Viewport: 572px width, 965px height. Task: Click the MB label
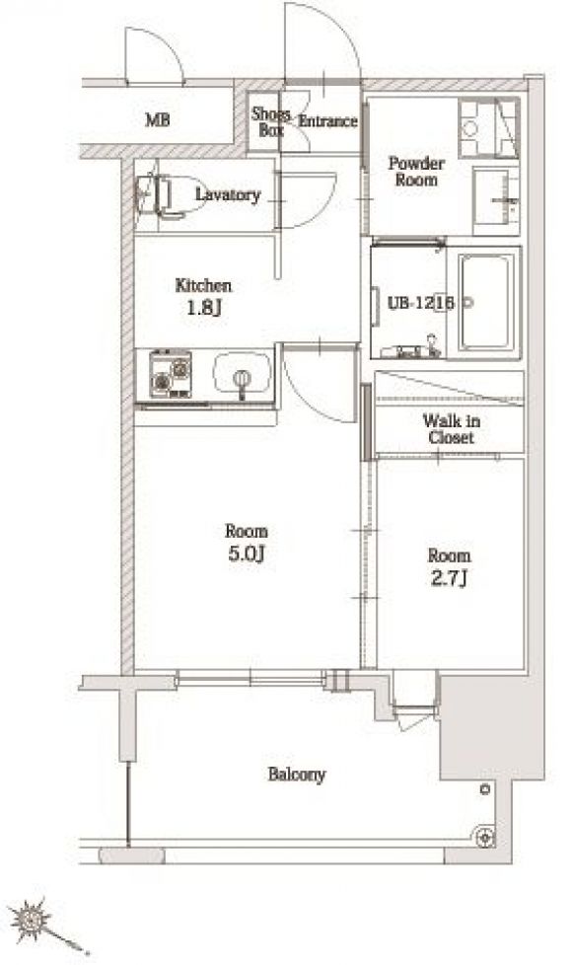click(x=158, y=119)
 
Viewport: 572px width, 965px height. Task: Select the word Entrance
click(x=327, y=120)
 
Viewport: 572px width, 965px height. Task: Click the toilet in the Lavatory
click(x=169, y=196)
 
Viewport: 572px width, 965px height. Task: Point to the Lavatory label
click(x=228, y=195)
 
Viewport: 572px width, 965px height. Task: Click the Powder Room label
click(x=416, y=172)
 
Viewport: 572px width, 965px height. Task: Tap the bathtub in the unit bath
click(x=486, y=302)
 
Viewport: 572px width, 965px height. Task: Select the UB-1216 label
click(x=421, y=303)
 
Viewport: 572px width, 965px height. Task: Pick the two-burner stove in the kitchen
click(x=171, y=374)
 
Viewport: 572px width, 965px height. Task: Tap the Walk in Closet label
click(x=452, y=429)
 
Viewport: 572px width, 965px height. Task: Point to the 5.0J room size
click(x=246, y=554)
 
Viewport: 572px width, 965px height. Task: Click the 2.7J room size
click(x=449, y=578)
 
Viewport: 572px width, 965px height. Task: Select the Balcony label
click(x=297, y=775)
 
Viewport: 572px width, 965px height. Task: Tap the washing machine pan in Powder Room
click(x=489, y=128)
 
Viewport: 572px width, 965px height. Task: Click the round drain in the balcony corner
click(x=484, y=837)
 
